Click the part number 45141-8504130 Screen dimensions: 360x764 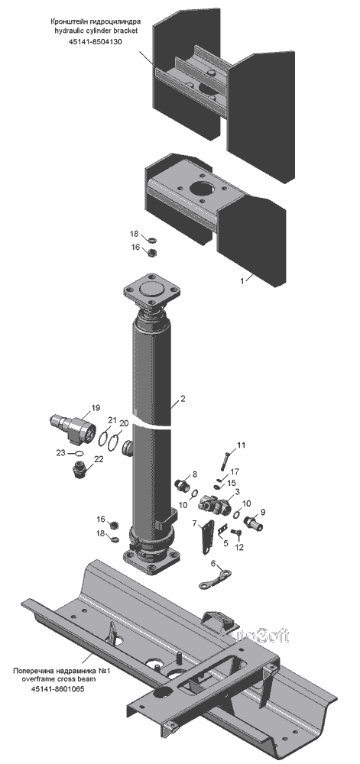(x=95, y=42)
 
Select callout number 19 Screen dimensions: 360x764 (x=95, y=407)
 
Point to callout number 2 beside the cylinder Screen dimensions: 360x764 (x=183, y=399)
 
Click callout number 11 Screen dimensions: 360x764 (x=242, y=445)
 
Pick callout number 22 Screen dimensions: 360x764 (x=99, y=458)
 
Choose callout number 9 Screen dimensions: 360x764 (x=263, y=512)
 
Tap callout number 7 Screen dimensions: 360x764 (x=194, y=523)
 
